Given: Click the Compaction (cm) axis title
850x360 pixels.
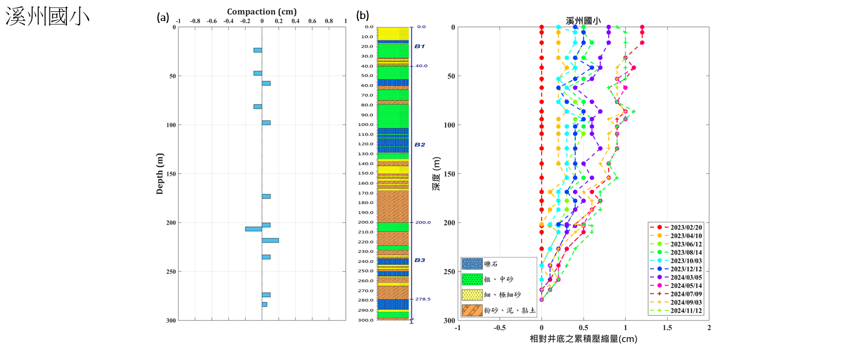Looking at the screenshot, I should click(x=262, y=11).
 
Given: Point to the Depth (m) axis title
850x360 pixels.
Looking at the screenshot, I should click(x=160, y=173).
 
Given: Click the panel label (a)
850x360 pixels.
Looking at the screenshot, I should click(x=163, y=17).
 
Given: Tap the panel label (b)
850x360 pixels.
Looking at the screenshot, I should click(x=362, y=15).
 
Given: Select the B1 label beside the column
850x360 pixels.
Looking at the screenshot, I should click(x=419, y=46).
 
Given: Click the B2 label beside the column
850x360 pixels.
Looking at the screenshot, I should click(x=419, y=144).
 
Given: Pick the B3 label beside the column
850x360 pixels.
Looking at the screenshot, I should click(x=419, y=260).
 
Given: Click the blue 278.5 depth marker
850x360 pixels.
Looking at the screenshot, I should click(x=423, y=299).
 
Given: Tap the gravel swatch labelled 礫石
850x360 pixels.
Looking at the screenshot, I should click(x=472, y=264).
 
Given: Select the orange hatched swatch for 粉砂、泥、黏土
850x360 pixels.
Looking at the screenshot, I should click(x=472, y=310).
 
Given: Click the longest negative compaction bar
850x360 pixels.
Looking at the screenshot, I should click(x=253, y=229).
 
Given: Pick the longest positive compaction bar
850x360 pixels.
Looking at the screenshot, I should click(x=270, y=240).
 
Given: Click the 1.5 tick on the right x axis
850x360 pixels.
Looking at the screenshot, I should click(x=667, y=327).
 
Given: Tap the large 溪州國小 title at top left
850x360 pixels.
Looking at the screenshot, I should click(x=47, y=16).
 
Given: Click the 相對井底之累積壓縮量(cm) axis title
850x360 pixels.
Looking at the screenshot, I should click(x=583, y=339).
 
